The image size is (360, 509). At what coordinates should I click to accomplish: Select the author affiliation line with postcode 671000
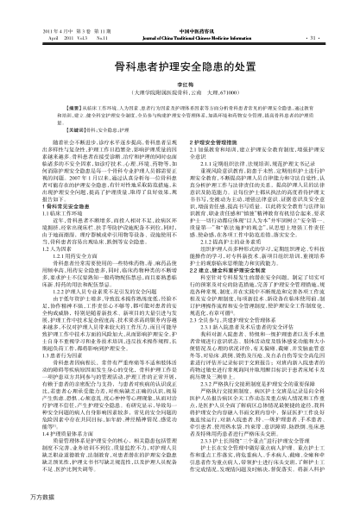point(180,111)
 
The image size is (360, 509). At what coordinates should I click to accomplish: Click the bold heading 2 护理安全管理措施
point(216,161)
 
